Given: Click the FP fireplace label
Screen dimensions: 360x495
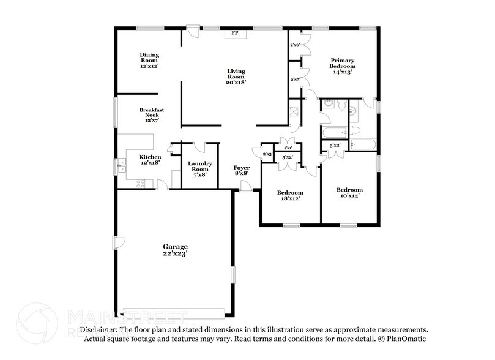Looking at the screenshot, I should coord(234,33).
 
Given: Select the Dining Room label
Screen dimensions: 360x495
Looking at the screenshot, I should coord(149,60).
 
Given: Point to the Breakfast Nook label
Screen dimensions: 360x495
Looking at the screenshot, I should coord(151,115).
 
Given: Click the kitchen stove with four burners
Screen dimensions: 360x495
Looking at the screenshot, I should coord(140,181).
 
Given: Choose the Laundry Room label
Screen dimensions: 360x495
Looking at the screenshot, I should coord(200,169).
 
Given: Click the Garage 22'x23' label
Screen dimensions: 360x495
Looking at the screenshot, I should coord(175,249).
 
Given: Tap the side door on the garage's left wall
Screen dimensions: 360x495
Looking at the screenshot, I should coord(121,242).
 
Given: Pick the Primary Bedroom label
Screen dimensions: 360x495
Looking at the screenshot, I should coord(343,66).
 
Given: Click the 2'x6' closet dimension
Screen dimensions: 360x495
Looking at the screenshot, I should coord(295,45).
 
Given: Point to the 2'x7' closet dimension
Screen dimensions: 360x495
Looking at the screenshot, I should coord(295,79).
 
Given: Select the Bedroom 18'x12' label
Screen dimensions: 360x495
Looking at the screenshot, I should coord(291,195).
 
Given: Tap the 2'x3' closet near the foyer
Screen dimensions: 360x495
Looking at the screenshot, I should coord(267,153).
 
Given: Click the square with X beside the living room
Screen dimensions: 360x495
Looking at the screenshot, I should coord(294,113).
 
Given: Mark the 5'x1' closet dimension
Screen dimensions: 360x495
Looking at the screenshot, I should coord(288,148).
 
